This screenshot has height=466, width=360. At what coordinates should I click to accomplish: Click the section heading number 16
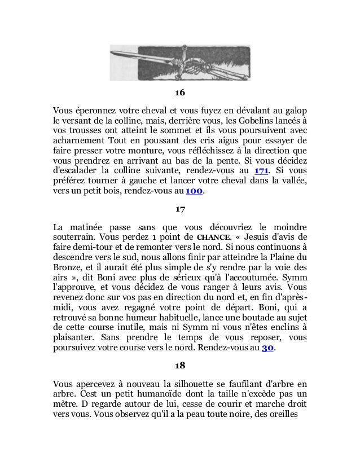[179, 93]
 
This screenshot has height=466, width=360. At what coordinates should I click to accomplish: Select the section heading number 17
[179, 209]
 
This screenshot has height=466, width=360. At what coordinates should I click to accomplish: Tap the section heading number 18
[179, 365]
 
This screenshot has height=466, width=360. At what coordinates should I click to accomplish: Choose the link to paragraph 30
[267, 348]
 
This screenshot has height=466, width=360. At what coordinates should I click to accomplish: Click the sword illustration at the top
[179, 61]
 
